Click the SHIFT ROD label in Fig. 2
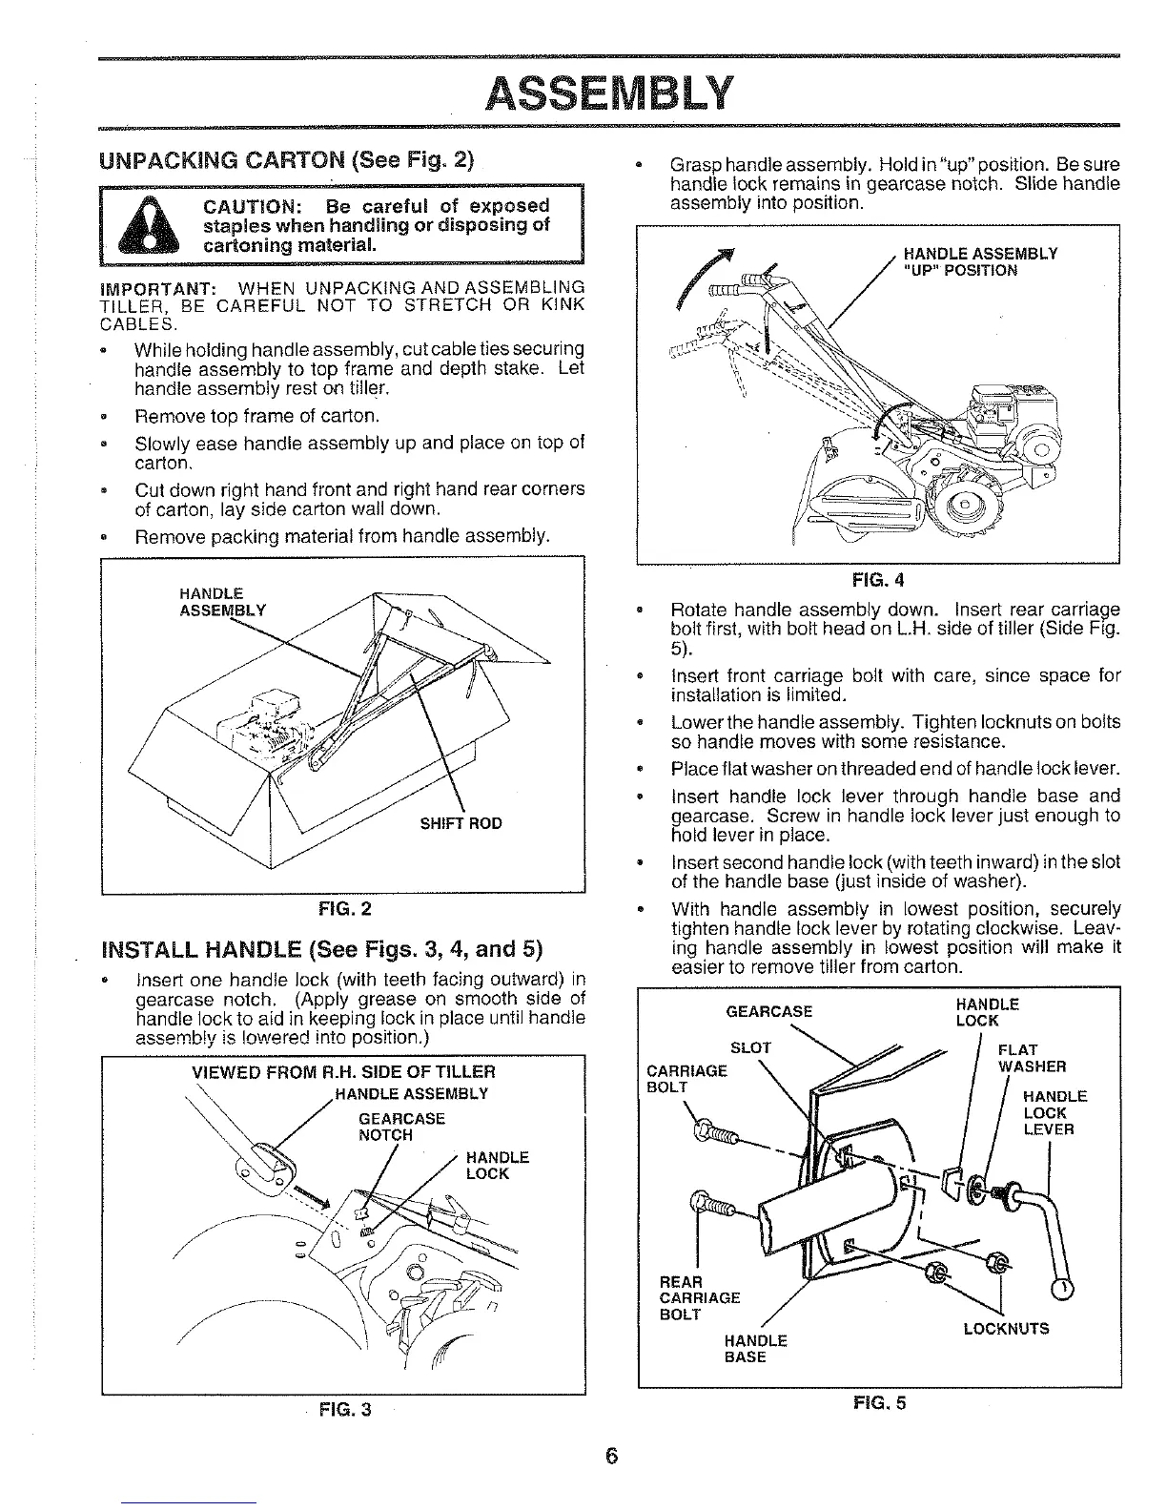(x=461, y=823)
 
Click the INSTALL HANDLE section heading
(x=321, y=950)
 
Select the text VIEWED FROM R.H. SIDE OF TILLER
(x=343, y=1071)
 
